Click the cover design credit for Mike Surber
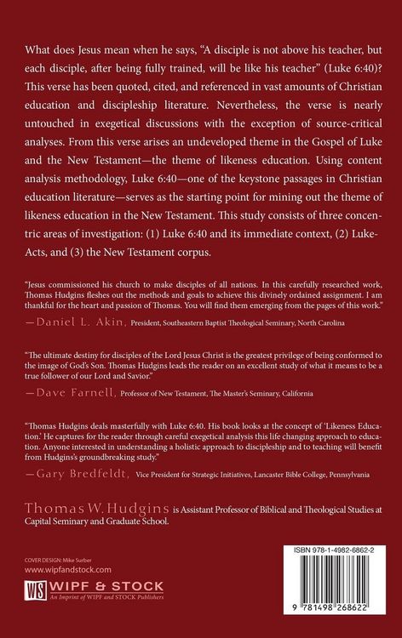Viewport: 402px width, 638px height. click(x=53, y=561)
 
